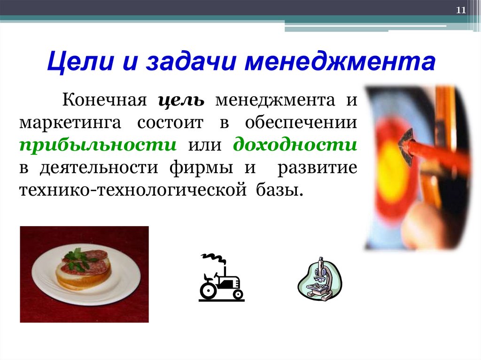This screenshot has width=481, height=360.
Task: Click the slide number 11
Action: [x=461, y=11]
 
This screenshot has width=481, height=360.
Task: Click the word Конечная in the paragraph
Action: [x=102, y=100]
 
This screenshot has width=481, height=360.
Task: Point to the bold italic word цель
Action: [x=181, y=100]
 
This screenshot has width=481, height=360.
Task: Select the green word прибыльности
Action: [x=98, y=145]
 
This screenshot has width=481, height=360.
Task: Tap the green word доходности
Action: [x=295, y=145]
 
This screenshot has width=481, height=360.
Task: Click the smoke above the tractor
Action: [x=212, y=259]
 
